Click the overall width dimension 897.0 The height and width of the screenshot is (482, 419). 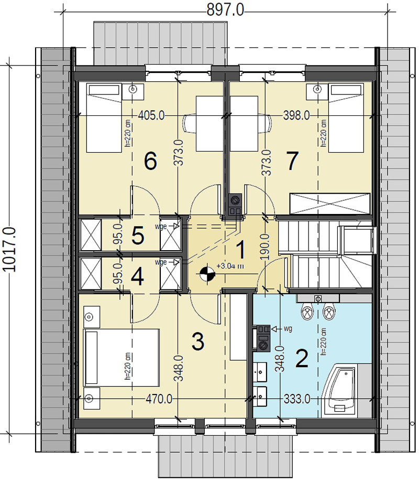pyautogui.click(x=225, y=10)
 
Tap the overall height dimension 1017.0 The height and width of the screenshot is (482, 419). pyautogui.click(x=9, y=250)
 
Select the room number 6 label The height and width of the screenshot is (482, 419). pyautogui.click(x=151, y=162)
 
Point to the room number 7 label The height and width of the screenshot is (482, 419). pyautogui.click(x=292, y=161)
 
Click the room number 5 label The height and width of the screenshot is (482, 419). pyautogui.click(x=138, y=236)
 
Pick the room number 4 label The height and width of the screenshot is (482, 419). pyautogui.click(x=137, y=277)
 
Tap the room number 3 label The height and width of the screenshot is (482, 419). pyautogui.click(x=198, y=342)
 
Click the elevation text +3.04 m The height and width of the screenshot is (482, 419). pyautogui.click(x=230, y=266)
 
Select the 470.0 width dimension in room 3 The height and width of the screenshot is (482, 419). pyautogui.click(x=159, y=399)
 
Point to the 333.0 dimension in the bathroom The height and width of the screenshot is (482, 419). pyautogui.click(x=297, y=399)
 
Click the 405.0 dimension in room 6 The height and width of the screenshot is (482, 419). pyautogui.click(x=151, y=115)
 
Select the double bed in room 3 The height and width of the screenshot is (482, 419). pyautogui.click(x=122, y=358)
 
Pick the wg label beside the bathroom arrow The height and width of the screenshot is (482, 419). pyautogui.click(x=288, y=329)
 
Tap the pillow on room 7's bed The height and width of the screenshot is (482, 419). pyautogui.click(x=346, y=90)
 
